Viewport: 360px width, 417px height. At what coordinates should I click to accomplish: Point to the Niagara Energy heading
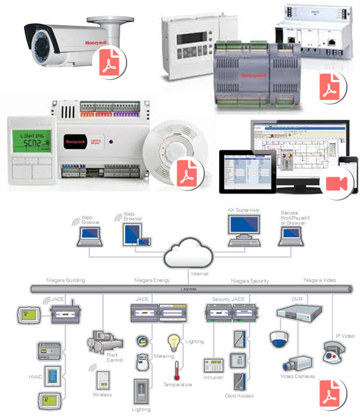coord(153,280)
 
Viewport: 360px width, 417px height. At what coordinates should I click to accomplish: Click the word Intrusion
coord(213,377)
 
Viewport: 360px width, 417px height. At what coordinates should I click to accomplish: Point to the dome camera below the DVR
coord(279,339)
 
